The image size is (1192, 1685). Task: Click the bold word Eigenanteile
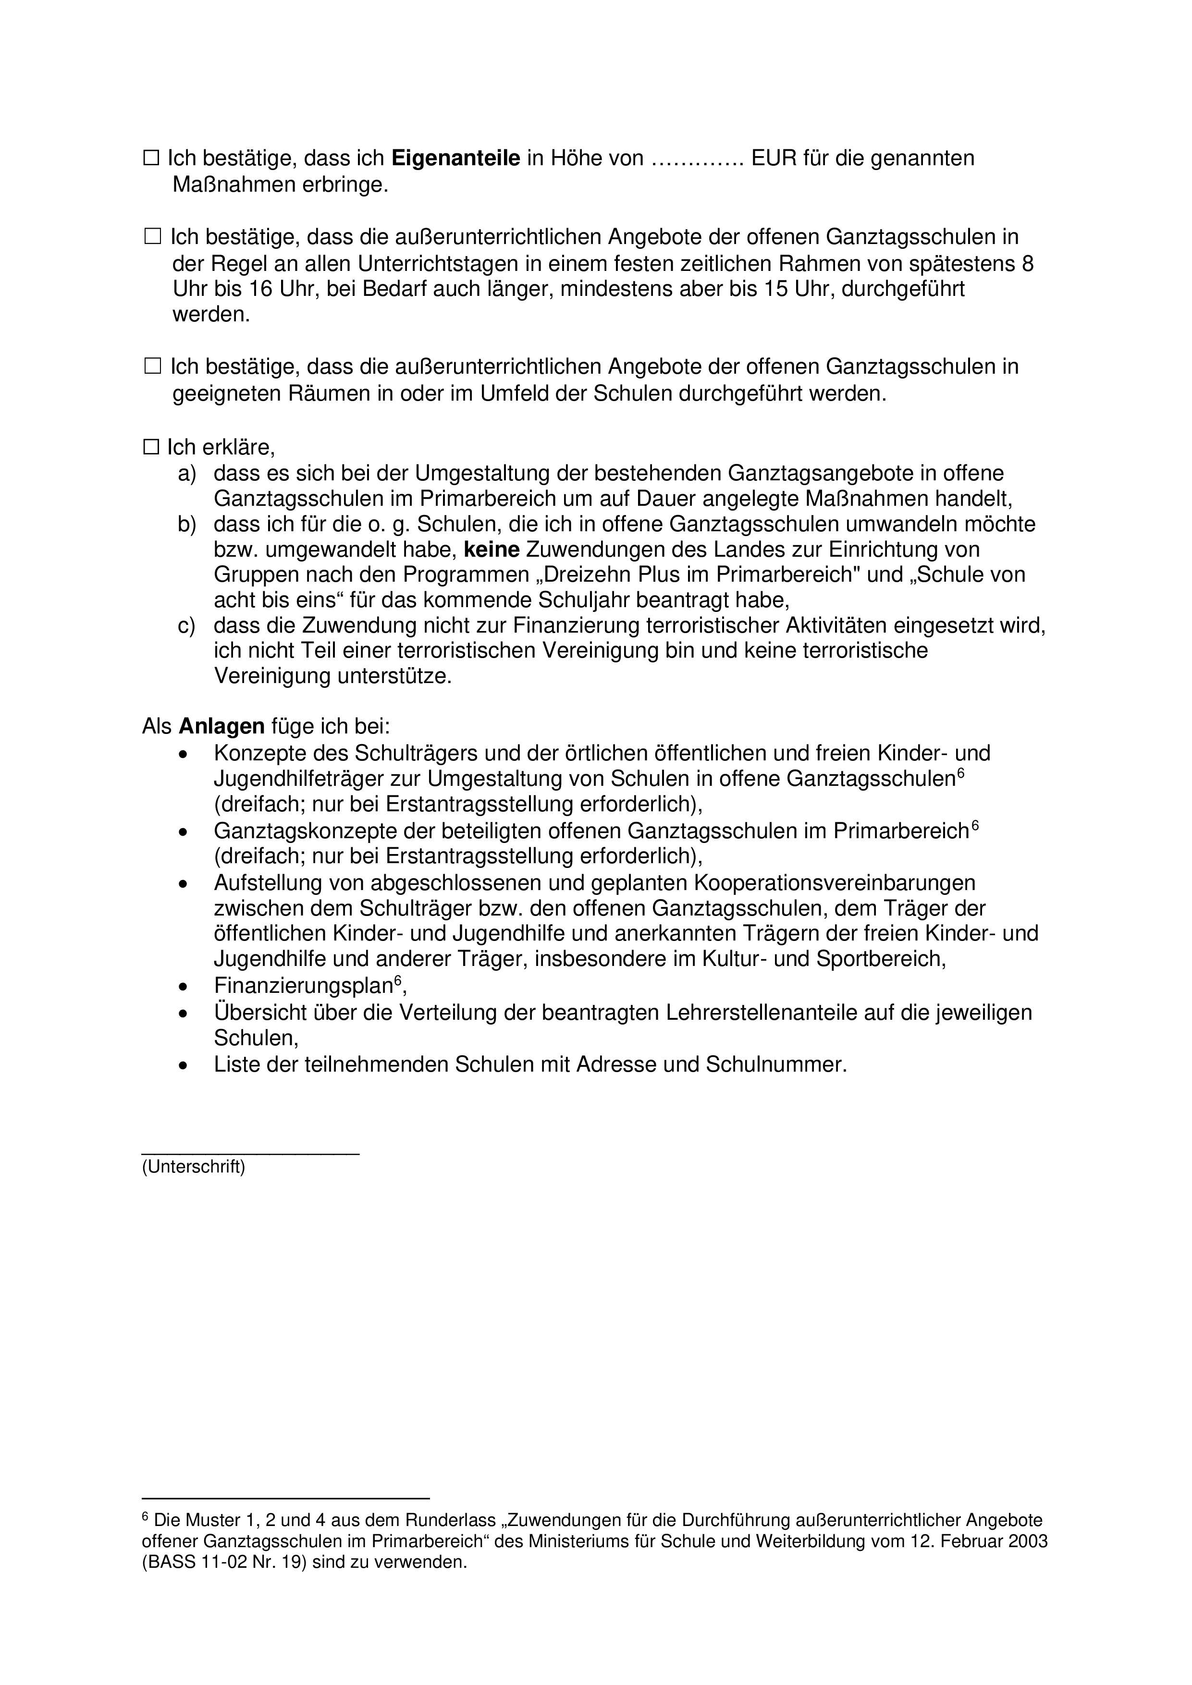coord(456,159)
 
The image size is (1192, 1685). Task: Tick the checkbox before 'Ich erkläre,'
coord(152,447)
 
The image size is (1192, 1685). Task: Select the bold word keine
coord(492,549)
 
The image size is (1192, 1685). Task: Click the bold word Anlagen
coord(221,727)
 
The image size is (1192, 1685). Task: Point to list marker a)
coord(187,473)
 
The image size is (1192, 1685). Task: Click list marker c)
coord(187,625)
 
